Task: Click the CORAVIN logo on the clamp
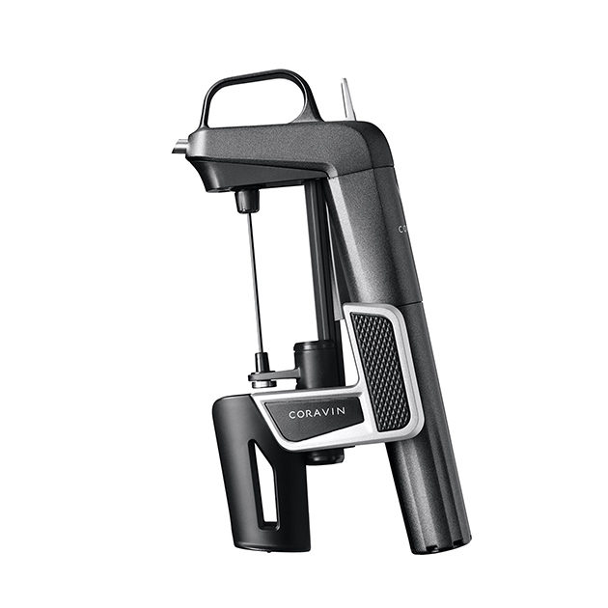tap(318, 414)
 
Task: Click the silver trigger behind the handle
tap(348, 98)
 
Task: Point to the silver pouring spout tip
tap(179, 149)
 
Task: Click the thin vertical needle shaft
tap(254, 280)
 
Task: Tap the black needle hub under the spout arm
tap(248, 201)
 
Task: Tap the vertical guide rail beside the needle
tap(316, 261)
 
